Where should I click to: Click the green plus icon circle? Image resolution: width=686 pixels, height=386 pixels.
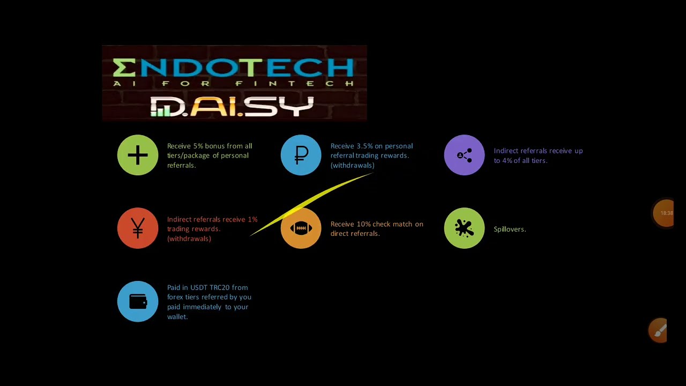click(x=138, y=155)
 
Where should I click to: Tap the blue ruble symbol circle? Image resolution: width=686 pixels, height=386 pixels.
click(x=301, y=155)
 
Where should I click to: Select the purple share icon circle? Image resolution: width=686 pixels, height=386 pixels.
click(x=464, y=155)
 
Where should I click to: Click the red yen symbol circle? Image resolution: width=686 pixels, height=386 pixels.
click(x=138, y=229)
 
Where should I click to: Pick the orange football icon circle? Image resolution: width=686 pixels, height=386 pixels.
click(x=301, y=229)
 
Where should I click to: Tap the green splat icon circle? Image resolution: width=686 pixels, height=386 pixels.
click(x=464, y=229)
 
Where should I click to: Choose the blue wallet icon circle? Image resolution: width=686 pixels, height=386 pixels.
click(x=138, y=302)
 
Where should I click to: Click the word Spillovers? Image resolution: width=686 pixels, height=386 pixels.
click(x=510, y=229)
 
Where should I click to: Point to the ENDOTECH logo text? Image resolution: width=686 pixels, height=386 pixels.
click(x=234, y=68)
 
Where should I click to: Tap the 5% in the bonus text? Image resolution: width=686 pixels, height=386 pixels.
click(x=198, y=146)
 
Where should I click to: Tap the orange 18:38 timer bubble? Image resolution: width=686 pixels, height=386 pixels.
click(x=665, y=213)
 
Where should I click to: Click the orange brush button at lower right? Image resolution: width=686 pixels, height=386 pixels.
click(x=659, y=330)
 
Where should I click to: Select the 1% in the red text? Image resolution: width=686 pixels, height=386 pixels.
click(x=252, y=219)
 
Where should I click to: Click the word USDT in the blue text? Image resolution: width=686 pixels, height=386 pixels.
click(x=199, y=287)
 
